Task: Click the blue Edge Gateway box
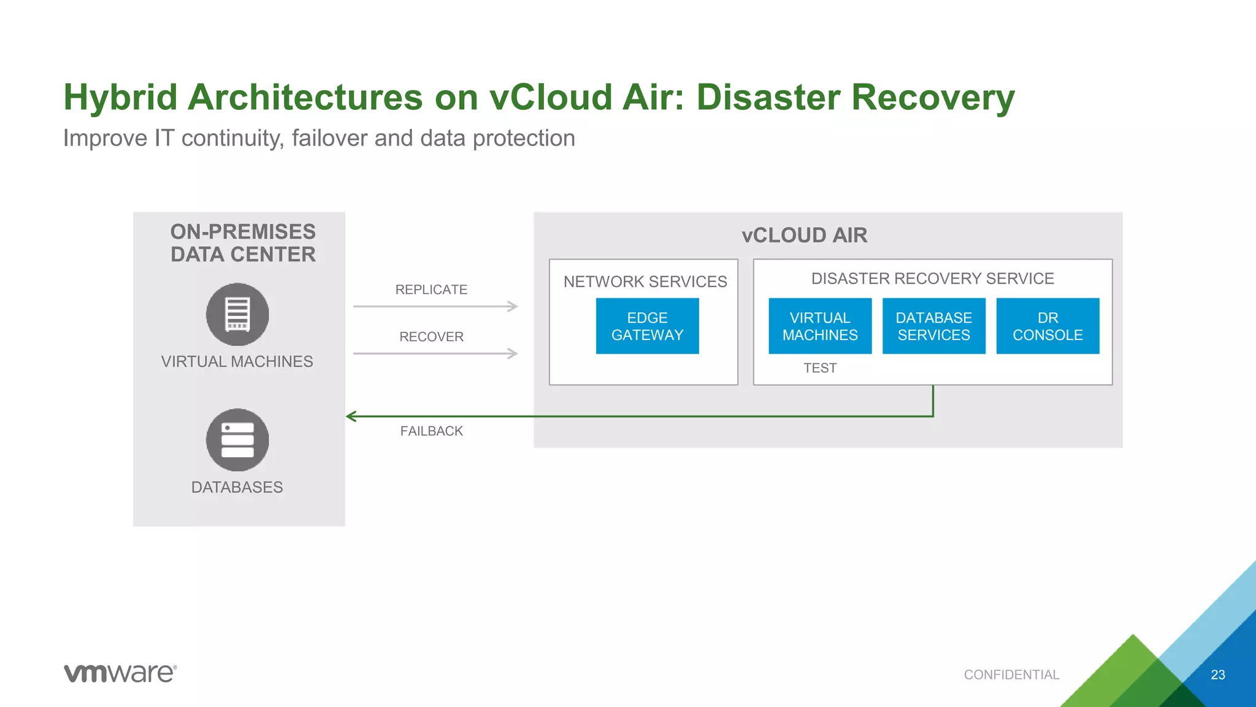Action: (x=647, y=326)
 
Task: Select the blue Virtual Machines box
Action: (x=820, y=326)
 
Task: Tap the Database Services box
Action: (x=933, y=326)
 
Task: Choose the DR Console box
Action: (x=1047, y=326)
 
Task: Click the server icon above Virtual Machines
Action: (x=237, y=314)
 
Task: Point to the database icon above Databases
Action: (x=237, y=440)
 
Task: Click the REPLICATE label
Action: (x=431, y=290)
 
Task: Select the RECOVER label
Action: (x=431, y=337)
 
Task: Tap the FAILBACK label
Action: (x=431, y=431)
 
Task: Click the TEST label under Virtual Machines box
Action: (x=820, y=368)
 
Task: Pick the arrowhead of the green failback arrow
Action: (x=351, y=417)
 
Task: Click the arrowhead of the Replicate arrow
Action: (x=513, y=306)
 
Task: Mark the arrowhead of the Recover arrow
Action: (x=513, y=353)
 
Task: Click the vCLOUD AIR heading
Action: (x=804, y=236)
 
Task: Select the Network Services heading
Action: (x=645, y=282)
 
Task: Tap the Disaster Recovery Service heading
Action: (x=932, y=279)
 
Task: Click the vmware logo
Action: (x=120, y=673)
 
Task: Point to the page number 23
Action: (x=1218, y=675)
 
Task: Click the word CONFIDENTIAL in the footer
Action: (x=1011, y=675)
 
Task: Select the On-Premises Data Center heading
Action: (x=243, y=243)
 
